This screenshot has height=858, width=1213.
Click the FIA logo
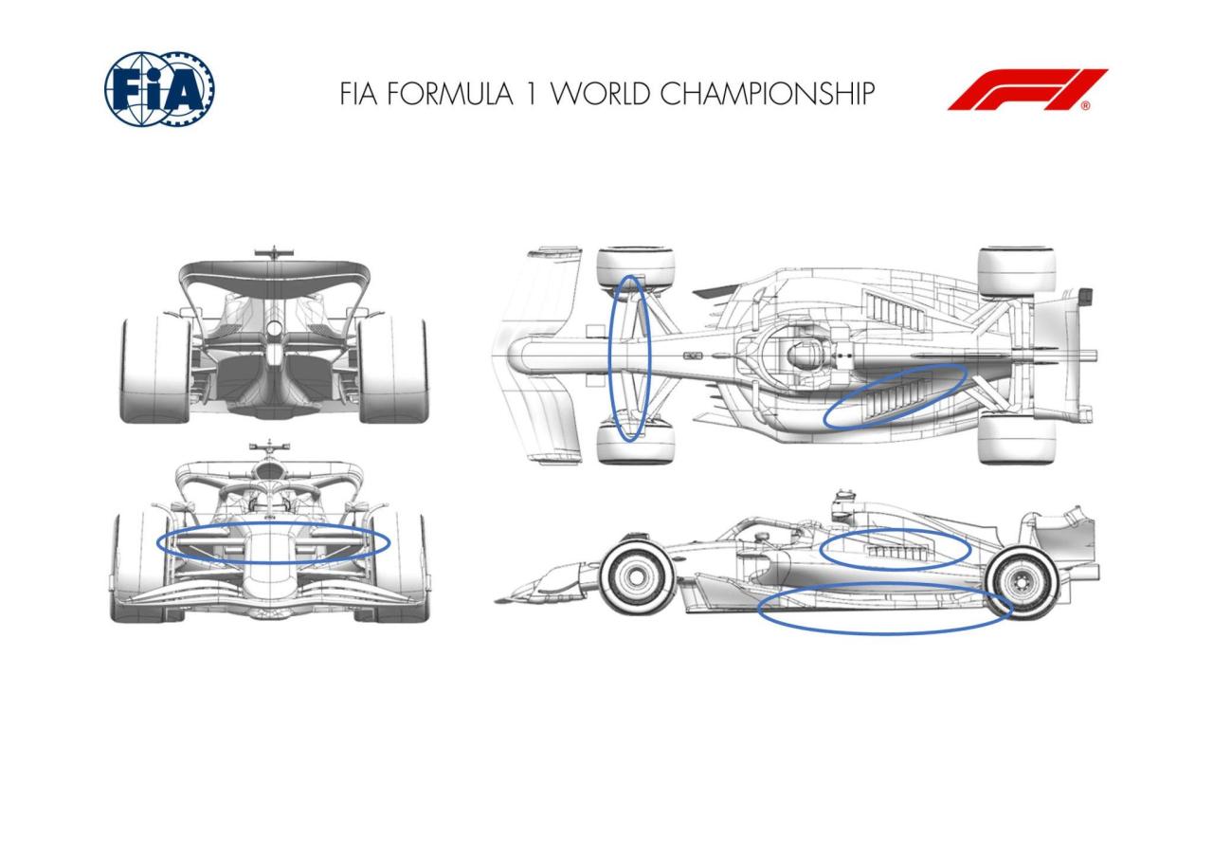(x=159, y=89)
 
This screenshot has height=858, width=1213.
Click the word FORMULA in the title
(x=449, y=93)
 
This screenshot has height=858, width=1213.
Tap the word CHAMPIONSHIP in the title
(x=767, y=93)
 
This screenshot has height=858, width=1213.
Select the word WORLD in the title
(x=600, y=93)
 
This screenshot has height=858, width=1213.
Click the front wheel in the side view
(x=637, y=576)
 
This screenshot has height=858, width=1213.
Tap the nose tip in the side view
(x=498, y=601)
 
